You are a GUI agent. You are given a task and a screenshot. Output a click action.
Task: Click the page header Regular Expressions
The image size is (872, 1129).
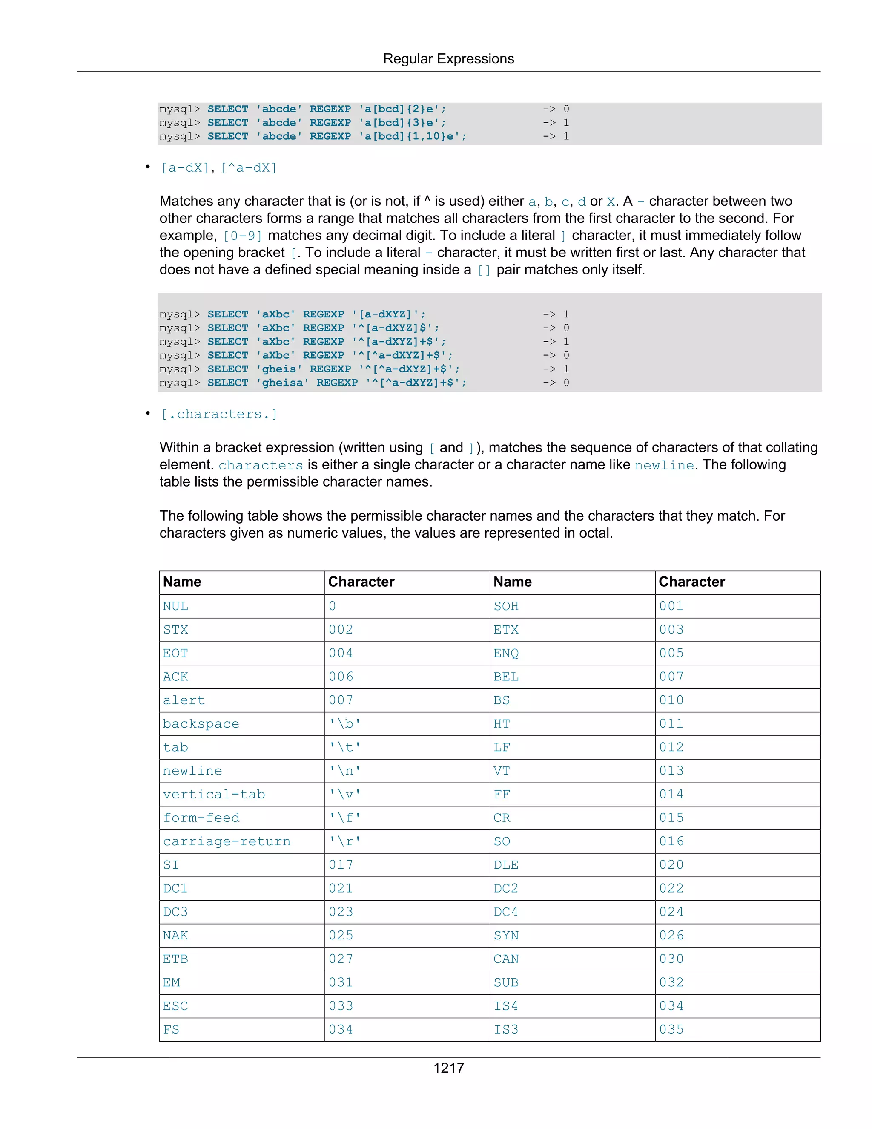click(x=448, y=59)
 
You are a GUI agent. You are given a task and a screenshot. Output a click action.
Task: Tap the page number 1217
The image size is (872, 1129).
click(x=448, y=1068)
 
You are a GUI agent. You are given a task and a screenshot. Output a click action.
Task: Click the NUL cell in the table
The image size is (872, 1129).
click(x=176, y=606)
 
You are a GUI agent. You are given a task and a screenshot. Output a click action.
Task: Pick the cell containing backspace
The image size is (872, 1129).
click(x=201, y=724)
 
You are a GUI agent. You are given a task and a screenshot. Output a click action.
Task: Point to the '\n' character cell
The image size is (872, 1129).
click(x=344, y=771)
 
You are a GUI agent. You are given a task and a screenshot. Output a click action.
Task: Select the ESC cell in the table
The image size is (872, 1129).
click(x=176, y=1006)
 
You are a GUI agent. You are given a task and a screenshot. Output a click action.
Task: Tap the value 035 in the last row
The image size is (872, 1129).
click(x=671, y=1030)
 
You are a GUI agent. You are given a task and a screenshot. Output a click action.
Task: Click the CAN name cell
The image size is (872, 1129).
click(x=506, y=959)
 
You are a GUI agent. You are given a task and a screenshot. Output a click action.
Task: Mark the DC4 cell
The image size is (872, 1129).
click(x=506, y=912)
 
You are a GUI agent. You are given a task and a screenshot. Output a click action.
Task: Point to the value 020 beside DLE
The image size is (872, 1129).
click(x=671, y=865)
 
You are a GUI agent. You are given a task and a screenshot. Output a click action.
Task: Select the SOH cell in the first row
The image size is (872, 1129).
click(x=506, y=606)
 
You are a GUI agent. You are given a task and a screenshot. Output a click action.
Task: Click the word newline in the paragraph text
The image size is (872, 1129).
click(x=664, y=465)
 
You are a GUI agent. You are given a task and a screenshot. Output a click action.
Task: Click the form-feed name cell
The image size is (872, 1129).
click(x=201, y=818)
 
